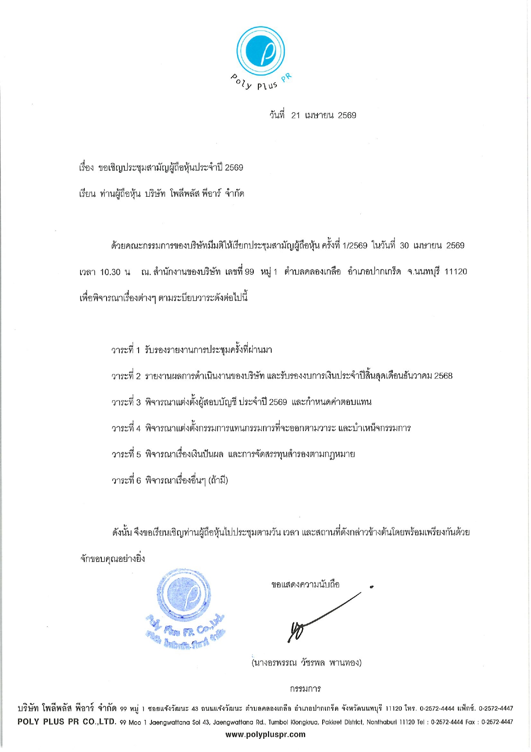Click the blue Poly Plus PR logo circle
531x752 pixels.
click(261, 51)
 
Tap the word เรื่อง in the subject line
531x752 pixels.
click(86, 168)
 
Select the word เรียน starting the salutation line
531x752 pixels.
click(87, 194)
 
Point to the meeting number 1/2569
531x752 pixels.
click(355, 246)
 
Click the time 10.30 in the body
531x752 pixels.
click(111, 272)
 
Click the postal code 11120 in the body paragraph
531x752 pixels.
click(456, 272)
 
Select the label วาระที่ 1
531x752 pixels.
click(126, 350)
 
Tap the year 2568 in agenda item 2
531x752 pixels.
click(443, 376)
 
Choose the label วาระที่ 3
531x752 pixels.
click(126, 402)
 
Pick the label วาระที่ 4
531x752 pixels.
click(126, 428)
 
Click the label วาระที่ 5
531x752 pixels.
click(126, 454)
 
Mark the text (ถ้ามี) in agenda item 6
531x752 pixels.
click(218, 480)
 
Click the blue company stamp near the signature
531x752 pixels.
click(185, 608)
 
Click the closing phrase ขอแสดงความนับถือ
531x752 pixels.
click(306, 584)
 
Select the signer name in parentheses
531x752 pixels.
click(306, 663)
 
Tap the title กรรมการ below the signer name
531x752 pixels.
click(306, 689)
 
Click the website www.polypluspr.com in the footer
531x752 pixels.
click(265, 734)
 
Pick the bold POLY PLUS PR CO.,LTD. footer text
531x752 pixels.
click(67, 722)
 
